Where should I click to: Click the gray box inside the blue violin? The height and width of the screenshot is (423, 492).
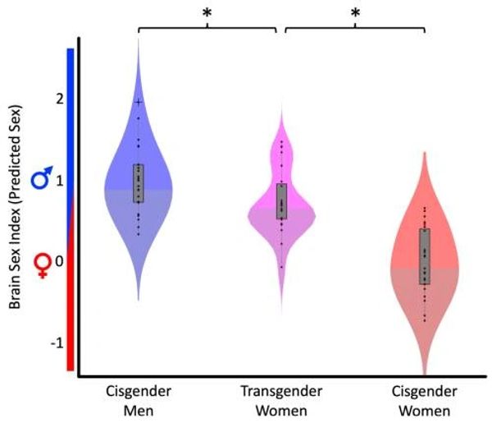click(139, 182)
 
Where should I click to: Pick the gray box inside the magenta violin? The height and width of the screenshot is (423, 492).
click(281, 201)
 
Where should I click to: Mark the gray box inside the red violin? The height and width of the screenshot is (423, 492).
click(424, 255)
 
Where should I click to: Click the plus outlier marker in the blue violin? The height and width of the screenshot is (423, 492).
click(139, 102)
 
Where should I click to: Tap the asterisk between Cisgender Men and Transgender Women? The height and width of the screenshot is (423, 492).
click(207, 13)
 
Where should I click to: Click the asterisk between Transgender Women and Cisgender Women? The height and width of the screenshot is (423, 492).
click(356, 13)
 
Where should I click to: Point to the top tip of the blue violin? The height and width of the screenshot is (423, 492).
click(139, 36)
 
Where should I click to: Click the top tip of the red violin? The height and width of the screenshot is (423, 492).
click(424, 152)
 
